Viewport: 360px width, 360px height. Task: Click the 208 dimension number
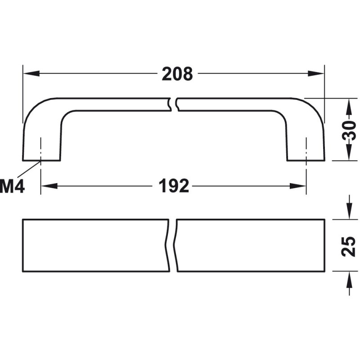[x=177, y=74]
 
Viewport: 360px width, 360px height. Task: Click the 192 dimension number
[x=174, y=186]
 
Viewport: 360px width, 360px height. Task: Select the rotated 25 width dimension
[x=348, y=246]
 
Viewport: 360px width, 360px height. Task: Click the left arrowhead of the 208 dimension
[x=31, y=74]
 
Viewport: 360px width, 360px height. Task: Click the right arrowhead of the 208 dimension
[x=316, y=74]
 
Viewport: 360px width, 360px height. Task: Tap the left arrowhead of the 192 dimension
[x=49, y=186]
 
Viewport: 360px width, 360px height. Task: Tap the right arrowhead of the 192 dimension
[x=298, y=186]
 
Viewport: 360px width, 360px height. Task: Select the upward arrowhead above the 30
[x=349, y=107]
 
